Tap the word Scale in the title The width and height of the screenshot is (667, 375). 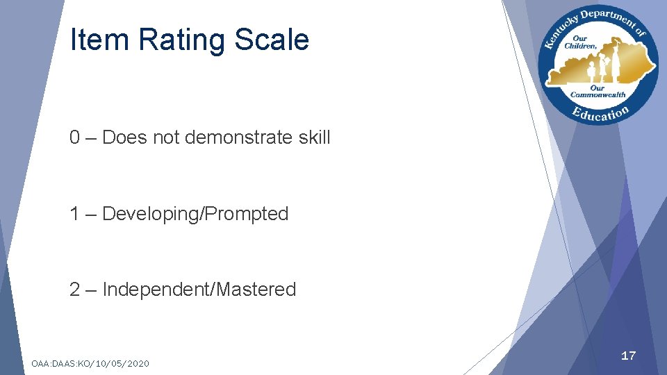point(272,40)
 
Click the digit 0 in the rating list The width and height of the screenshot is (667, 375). point(74,137)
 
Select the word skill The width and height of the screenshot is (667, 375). point(315,137)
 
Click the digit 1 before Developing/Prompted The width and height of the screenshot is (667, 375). point(74,214)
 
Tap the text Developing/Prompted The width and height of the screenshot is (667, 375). point(195,214)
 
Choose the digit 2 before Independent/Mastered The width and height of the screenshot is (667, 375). point(74,290)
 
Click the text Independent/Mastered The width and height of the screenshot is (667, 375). point(199,290)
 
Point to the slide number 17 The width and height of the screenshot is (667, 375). point(628,356)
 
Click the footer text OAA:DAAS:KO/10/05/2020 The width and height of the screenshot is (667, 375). point(90,363)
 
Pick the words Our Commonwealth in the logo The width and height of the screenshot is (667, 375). point(598,91)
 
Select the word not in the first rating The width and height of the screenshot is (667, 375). point(166,137)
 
